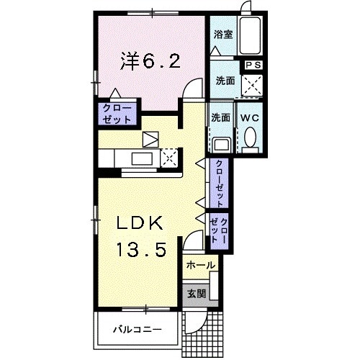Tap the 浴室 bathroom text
point(222,34)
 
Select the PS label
point(253,65)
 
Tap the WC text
point(251,117)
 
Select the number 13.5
point(143,250)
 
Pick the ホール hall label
point(201,266)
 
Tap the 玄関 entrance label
point(197,293)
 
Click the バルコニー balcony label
point(138,330)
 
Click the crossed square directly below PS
point(253,86)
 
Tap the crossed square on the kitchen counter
point(170,156)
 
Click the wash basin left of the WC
point(221,142)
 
